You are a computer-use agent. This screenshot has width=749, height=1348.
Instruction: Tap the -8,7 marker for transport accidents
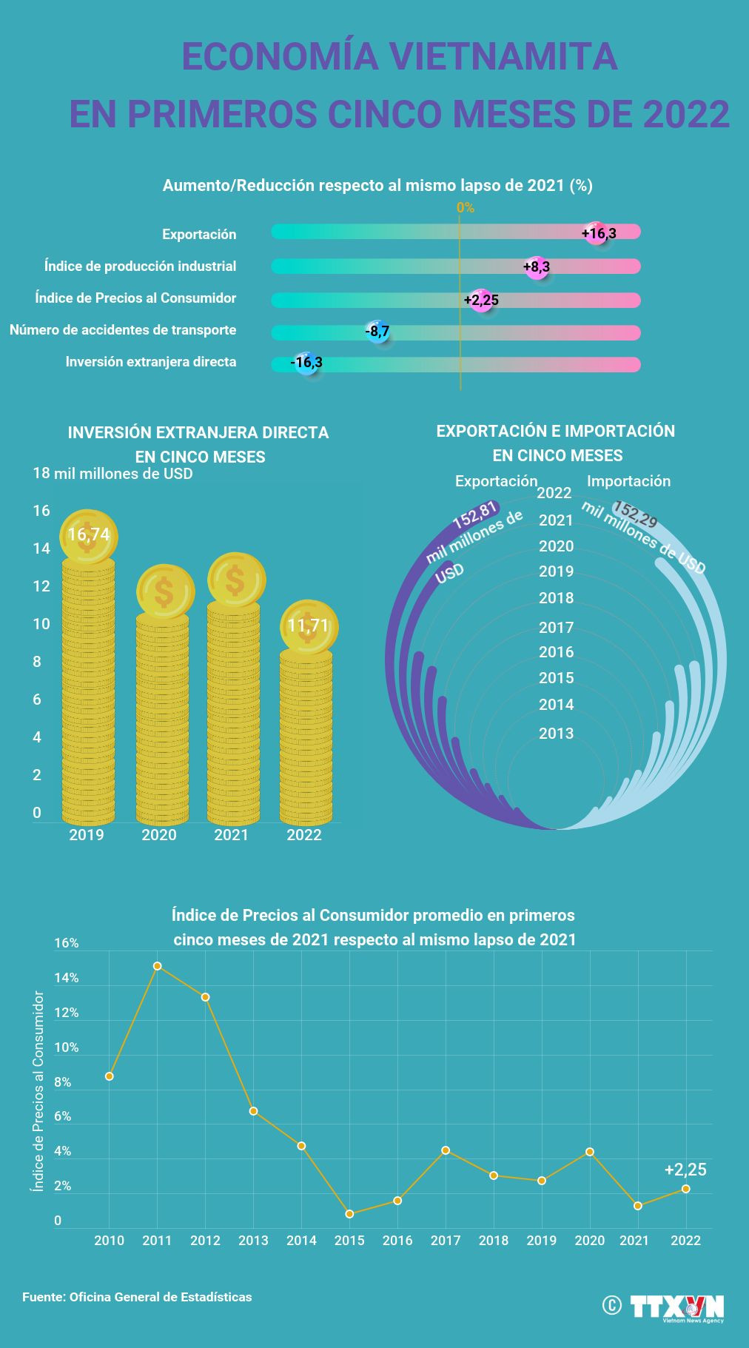[377, 332]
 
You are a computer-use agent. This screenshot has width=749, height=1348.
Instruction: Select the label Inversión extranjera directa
[151, 362]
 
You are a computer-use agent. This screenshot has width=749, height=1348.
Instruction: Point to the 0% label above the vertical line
[465, 208]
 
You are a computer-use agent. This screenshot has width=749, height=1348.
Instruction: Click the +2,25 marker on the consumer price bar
[481, 300]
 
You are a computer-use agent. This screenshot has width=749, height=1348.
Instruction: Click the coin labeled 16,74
[88, 535]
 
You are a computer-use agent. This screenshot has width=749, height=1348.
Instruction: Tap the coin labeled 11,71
[308, 626]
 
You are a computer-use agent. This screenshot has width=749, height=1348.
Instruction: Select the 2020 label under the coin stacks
[159, 835]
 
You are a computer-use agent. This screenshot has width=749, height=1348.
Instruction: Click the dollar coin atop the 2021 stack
[236, 580]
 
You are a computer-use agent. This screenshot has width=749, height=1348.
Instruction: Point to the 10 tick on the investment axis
[41, 624]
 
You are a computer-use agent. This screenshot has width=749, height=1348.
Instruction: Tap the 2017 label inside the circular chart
[557, 628]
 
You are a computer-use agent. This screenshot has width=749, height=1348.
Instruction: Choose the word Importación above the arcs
[628, 481]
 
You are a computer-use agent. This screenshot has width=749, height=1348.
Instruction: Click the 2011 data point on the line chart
[157, 966]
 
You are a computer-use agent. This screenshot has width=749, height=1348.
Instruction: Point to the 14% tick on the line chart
[66, 978]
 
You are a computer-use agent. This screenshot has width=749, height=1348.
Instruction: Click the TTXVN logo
[676, 1307]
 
